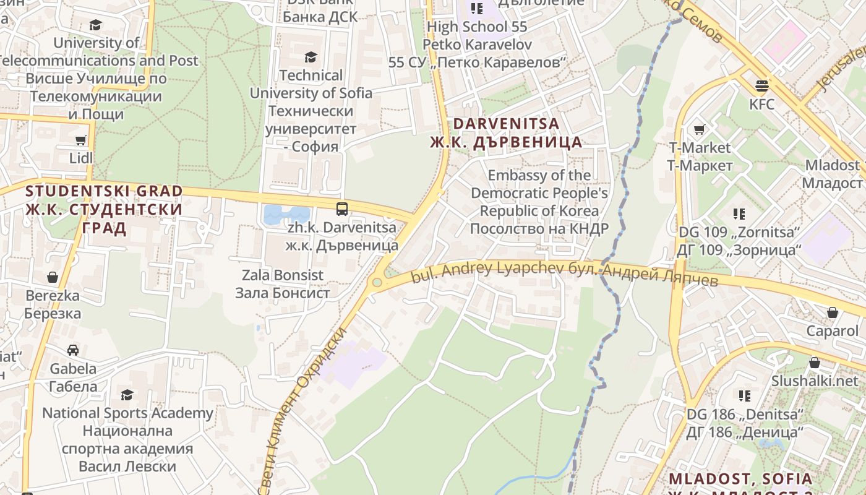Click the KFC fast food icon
click(761, 85)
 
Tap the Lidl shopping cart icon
click(80, 140)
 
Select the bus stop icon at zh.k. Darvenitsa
click(342, 209)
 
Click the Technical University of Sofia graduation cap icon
click(311, 58)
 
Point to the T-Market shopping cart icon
click(699, 129)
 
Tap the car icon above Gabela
click(73, 350)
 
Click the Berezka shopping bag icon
click(53, 277)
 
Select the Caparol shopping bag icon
click(833, 312)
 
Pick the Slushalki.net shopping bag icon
click(814, 363)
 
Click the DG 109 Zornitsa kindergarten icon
click(739, 214)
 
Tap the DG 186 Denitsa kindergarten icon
click(745, 395)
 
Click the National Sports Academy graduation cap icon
click(127, 395)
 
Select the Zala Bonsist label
click(283, 284)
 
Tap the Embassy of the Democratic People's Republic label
click(539, 202)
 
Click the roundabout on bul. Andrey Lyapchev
click(377, 283)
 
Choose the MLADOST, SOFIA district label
click(740, 479)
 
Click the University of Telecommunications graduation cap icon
click(95, 25)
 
